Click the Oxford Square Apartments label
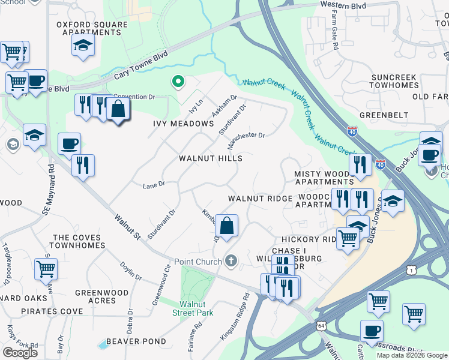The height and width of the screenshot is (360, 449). point(92,28)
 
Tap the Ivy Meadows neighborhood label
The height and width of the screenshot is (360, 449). point(184,124)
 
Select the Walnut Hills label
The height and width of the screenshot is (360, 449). point(211,158)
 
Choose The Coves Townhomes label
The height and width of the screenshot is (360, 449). point(79,242)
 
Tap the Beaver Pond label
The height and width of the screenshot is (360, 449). point(136,341)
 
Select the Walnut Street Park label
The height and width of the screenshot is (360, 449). point(193,308)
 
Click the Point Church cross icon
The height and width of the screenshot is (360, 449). point(231,261)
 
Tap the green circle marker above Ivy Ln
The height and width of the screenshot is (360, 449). point(177,81)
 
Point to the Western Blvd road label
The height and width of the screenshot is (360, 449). point(343,5)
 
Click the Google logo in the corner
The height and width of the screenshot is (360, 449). point(20,353)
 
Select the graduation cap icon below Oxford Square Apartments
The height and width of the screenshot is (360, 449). point(83,45)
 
